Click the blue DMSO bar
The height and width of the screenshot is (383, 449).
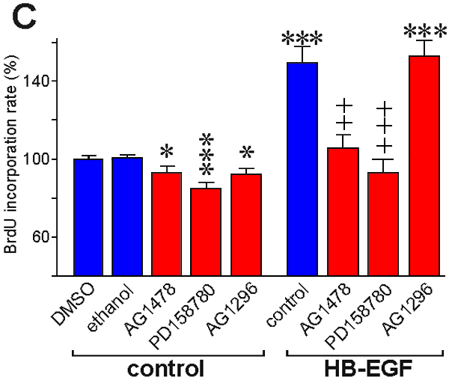[88, 217]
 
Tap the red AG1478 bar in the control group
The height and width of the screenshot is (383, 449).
[166, 224]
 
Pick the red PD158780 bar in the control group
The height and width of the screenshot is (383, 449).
[205, 232]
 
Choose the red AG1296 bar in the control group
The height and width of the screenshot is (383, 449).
[245, 224]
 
